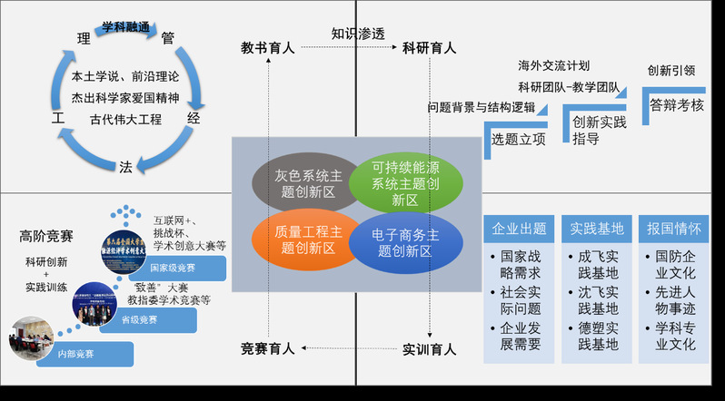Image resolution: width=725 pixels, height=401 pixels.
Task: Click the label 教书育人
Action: [x=267, y=47]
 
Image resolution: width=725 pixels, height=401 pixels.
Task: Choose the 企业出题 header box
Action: [x=519, y=228]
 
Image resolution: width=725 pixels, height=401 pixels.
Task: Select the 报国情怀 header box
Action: [x=673, y=228]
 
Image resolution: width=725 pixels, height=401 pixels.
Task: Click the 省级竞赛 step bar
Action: [x=145, y=318]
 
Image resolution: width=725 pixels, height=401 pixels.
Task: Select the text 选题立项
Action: [x=519, y=139]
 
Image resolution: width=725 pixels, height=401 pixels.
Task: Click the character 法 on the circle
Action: [x=126, y=166]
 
